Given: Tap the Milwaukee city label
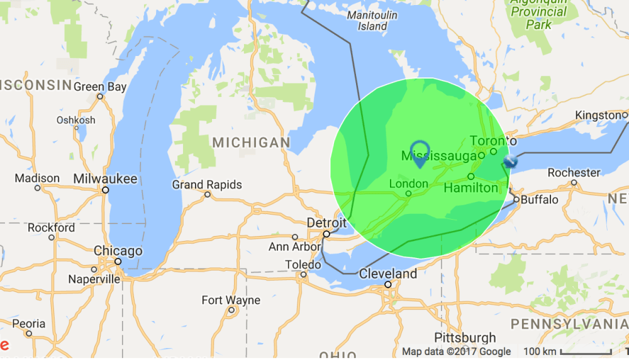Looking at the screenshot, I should coord(105,179).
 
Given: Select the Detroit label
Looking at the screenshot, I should coord(326,223).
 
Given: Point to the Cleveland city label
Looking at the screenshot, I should coord(388,274).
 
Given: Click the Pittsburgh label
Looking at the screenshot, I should coord(465,337).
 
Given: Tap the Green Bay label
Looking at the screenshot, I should coord(100,87).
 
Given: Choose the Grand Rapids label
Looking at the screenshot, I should coord(207,184).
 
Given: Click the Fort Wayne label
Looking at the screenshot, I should coord(231,300).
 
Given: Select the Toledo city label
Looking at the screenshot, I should coord(303,264).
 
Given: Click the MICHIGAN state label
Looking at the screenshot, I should coord(251,143).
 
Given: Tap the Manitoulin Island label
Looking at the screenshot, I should coord(372,21).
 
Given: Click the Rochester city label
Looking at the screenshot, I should coord(574,172).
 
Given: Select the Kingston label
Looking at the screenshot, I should coord(598,115).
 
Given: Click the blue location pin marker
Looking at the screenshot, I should coord(419,153).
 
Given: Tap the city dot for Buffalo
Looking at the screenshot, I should coord(516,200).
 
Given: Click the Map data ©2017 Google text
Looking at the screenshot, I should coord(457,352).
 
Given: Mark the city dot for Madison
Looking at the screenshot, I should coord(38,188).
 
